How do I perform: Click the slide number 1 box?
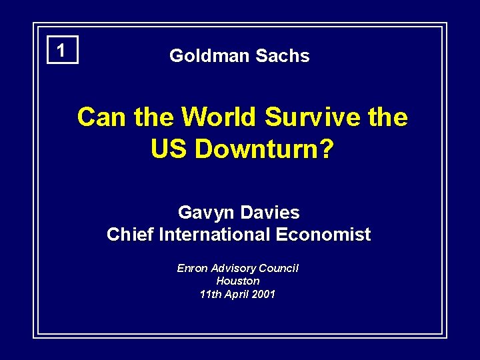click(62, 50)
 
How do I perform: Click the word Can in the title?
click(102, 117)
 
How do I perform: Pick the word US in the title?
click(170, 149)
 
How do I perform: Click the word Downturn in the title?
click(256, 149)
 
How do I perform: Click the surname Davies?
click(269, 213)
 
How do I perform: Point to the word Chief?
click(128, 235)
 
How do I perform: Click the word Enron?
click(192, 268)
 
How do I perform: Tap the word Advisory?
click(234, 268)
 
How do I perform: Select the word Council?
click(279, 268)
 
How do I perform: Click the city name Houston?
click(238, 281)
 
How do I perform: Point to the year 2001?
click(262, 294)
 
